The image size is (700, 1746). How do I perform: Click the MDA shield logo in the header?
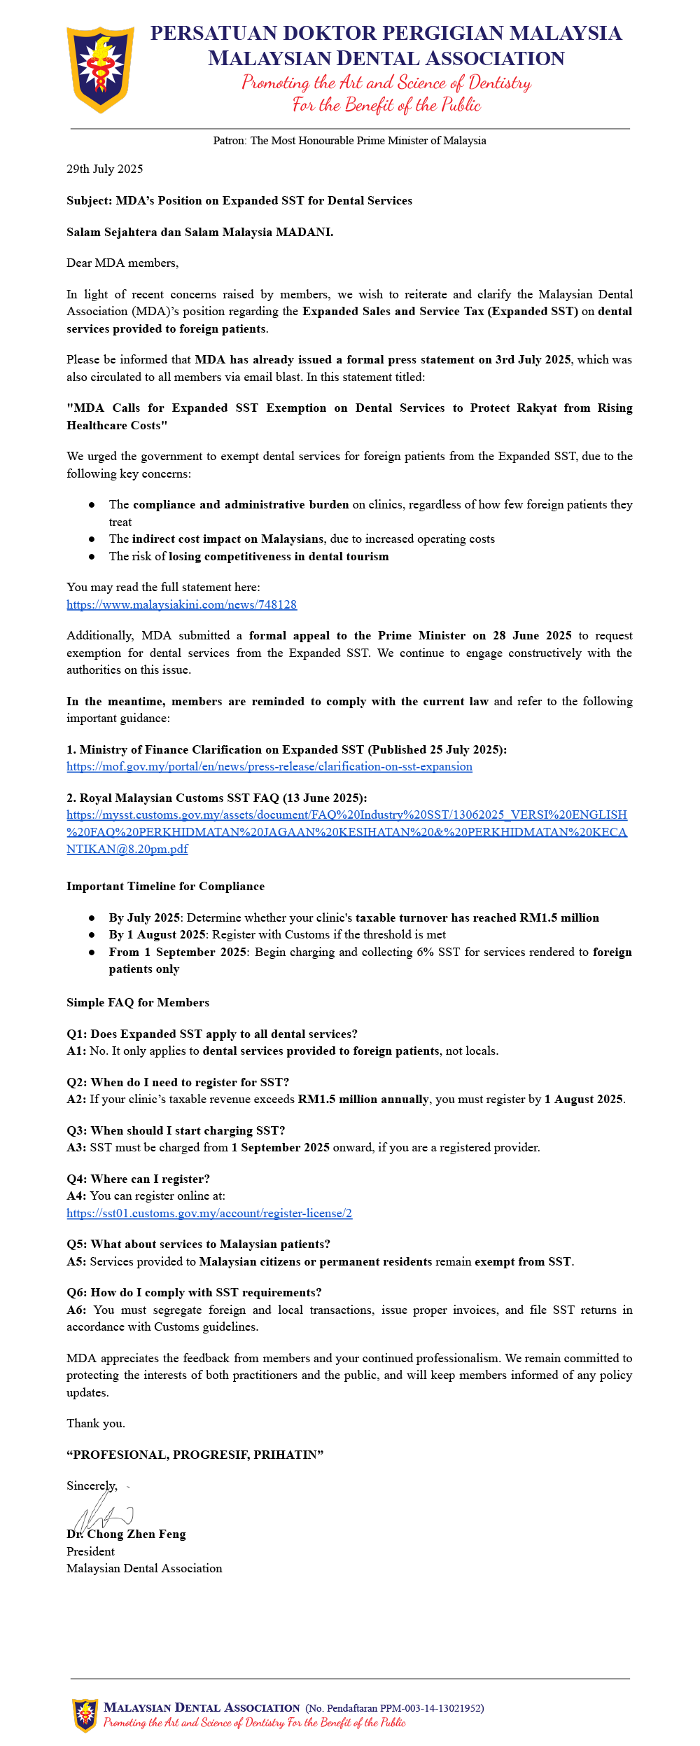pyautogui.click(x=100, y=69)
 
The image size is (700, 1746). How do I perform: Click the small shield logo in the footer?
pyautogui.click(x=85, y=1714)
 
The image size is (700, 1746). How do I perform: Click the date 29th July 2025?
pyautogui.click(x=105, y=169)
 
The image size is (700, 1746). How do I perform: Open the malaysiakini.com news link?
pyautogui.click(x=181, y=604)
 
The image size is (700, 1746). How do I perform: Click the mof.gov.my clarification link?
pyautogui.click(x=269, y=766)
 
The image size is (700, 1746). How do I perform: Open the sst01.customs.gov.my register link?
pyautogui.click(x=209, y=1213)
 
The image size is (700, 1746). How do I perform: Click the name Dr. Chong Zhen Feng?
pyautogui.click(x=127, y=1534)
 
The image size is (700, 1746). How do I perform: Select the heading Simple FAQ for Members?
pyautogui.click(x=138, y=1002)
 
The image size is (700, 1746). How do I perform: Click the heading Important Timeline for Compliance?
pyautogui.click(x=165, y=886)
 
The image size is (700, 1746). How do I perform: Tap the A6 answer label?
pyautogui.click(x=76, y=1310)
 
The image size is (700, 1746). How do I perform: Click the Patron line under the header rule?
pyautogui.click(x=349, y=141)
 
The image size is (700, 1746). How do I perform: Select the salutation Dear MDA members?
pyautogui.click(x=122, y=263)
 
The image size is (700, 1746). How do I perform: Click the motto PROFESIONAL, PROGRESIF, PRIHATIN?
pyautogui.click(x=195, y=1455)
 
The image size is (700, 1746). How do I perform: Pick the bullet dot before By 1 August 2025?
pyautogui.click(x=92, y=935)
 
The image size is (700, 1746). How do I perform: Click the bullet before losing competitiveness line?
pyautogui.click(x=92, y=557)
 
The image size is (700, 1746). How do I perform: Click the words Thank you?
pyautogui.click(x=96, y=1423)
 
